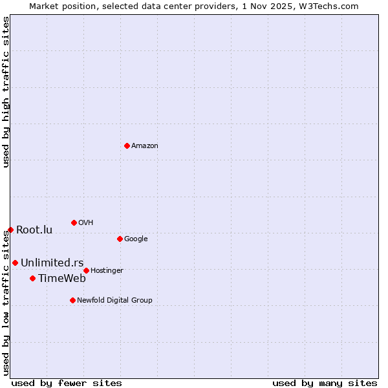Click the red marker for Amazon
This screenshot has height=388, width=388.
127,145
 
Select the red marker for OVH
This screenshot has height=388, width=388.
74,222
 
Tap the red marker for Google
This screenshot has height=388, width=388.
120,239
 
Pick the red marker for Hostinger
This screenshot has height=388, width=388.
86,270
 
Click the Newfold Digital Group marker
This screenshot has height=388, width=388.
72,300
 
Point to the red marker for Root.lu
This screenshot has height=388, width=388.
10,230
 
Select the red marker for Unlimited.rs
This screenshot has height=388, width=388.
15,263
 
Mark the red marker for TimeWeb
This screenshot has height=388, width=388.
32,278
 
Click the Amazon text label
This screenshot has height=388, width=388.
145,146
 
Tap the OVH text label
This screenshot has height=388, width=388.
86,223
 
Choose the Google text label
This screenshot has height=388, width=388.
136,239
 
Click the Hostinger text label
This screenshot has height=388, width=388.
107,271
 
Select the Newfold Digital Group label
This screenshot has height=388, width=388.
114,301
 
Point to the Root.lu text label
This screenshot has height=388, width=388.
34,230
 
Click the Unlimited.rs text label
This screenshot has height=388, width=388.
47,263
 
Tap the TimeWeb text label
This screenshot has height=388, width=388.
62,279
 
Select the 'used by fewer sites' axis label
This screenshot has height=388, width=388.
67,383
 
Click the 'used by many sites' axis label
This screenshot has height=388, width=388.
325,383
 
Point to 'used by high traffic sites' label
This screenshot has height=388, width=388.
6,92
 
